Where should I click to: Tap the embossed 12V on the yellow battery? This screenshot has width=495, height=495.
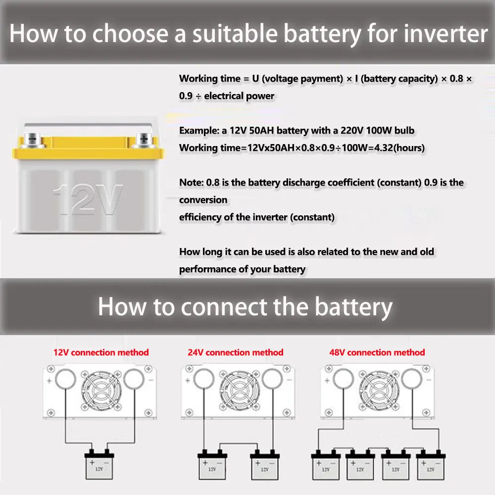[88, 199]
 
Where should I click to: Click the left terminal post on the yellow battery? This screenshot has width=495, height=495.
[34, 139]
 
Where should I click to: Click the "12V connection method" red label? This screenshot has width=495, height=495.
[101, 352]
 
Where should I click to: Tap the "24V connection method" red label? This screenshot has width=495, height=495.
[236, 352]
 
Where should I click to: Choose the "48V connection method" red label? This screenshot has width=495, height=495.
[377, 352]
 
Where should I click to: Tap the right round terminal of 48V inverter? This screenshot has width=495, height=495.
[411, 380]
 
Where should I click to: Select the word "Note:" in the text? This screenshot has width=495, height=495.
[191, 182]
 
